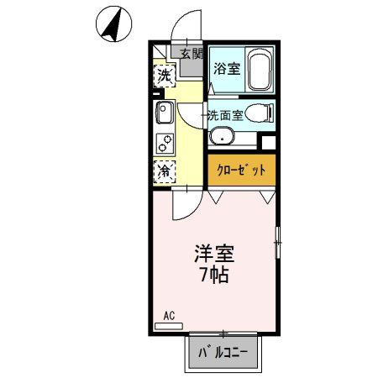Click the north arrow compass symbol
[x=111, y=24]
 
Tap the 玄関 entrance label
[x=191, y=53]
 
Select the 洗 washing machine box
[x=165, y=76]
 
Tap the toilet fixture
[x=262, y=113]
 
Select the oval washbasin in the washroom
[x=223, y=137]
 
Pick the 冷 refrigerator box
[x=165, y=171]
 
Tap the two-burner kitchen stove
[x=164, y=142]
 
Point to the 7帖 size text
[x=214, y=274]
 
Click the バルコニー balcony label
[x=223, y=353]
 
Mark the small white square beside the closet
[x=268, y=142]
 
